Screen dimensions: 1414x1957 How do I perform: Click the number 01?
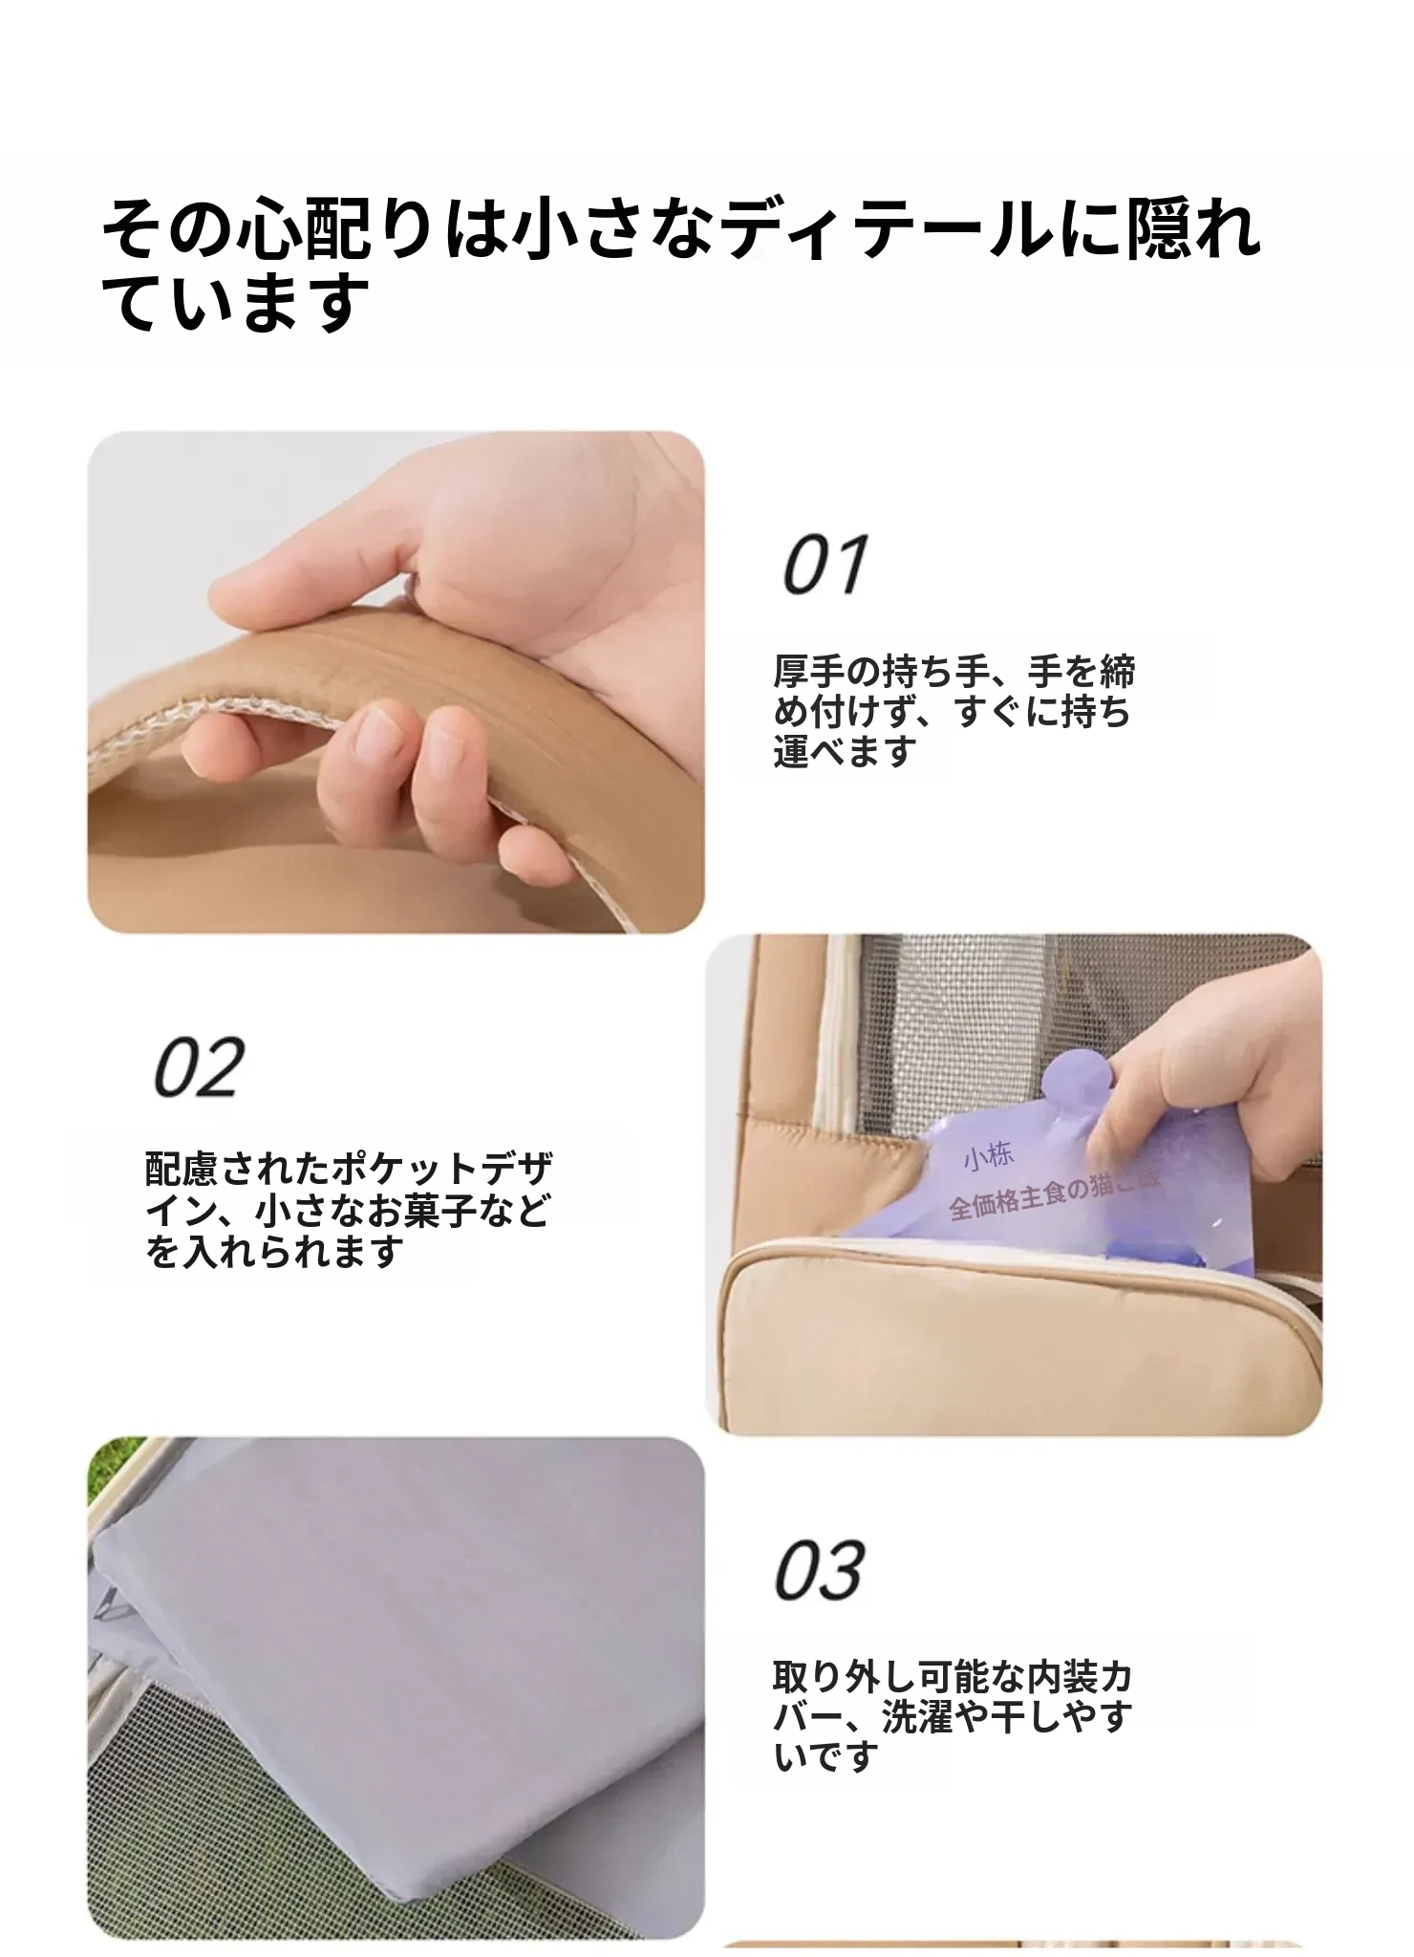click(x=825, y=565)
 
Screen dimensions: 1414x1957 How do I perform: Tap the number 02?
click(x=199, y=1067)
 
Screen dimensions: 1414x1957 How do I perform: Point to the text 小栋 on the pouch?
click(x=987, y=1157)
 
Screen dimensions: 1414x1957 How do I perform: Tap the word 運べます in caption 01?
click(x=845, y=752)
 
